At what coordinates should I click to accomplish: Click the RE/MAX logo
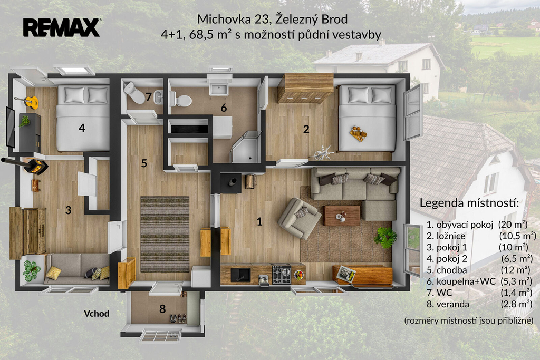point(62,27)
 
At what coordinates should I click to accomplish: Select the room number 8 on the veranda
point(162,309)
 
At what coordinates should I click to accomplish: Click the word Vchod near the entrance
point(97,314)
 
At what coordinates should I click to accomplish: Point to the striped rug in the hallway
point(165,234)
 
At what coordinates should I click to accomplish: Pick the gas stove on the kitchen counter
point(282,274)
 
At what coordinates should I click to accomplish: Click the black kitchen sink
point(240,275)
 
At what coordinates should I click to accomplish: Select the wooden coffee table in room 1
point(342,216)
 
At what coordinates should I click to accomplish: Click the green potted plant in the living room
point(385,237)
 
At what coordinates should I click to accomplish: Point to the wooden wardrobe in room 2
point(305,88)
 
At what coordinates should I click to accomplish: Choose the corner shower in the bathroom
point(246,147)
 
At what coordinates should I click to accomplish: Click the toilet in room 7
point(135,92)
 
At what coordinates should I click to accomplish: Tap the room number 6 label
point(224,108)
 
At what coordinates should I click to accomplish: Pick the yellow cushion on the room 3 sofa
point(53,273)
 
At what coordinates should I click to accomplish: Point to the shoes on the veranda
point(178,318)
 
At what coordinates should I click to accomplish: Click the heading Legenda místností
point(469,203)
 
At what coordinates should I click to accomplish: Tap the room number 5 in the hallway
point(144,163)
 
